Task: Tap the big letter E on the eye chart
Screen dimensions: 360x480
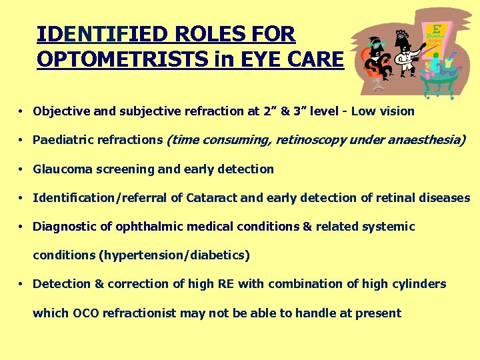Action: [x=437, y=30]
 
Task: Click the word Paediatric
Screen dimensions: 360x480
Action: [x=64, y=140]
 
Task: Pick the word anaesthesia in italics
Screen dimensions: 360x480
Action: [x=428, y=140]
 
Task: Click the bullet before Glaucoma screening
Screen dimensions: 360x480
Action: [x=22, y=169]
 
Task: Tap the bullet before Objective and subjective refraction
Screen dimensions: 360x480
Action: [x=22, y=111]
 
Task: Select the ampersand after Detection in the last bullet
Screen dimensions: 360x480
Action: [x=99, y=284]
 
